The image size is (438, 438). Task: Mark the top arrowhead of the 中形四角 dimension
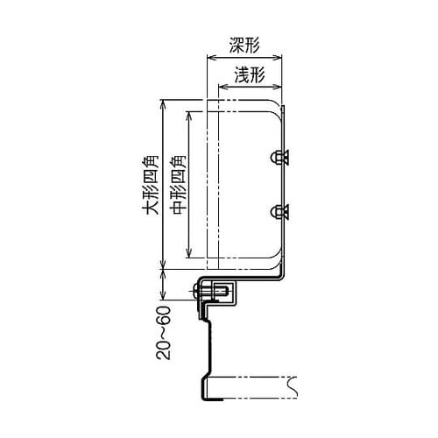187,111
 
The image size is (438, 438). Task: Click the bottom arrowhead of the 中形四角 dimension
187,258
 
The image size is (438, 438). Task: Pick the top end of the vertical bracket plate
285,105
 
